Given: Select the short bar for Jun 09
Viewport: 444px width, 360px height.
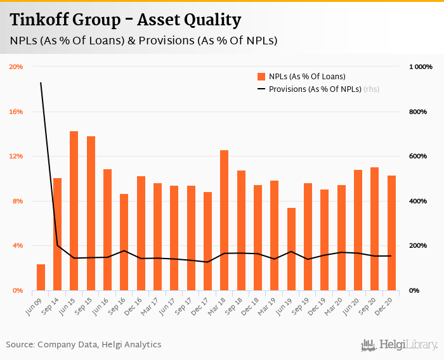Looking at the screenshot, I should pos(41,277).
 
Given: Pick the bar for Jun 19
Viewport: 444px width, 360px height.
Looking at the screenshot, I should pos(291,249).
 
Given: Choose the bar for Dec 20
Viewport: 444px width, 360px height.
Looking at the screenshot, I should pos(391,233).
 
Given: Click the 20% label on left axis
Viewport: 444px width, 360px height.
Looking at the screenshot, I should pos(16,67).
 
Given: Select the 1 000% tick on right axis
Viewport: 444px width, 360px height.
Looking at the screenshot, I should pos(419,67).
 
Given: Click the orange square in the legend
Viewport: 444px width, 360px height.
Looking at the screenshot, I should pos(261,77).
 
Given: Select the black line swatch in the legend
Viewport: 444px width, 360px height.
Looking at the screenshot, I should pos(261,89).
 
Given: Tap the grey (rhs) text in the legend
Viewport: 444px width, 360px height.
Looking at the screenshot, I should pos(371,89).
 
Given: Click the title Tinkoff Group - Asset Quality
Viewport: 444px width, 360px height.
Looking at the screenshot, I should pos(126,20).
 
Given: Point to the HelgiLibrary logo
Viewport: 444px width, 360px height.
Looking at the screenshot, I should pos(399,345).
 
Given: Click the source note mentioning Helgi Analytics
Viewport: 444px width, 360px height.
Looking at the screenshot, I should pos(84,345).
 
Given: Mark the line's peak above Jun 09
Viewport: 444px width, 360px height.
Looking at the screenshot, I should pos(41,82).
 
